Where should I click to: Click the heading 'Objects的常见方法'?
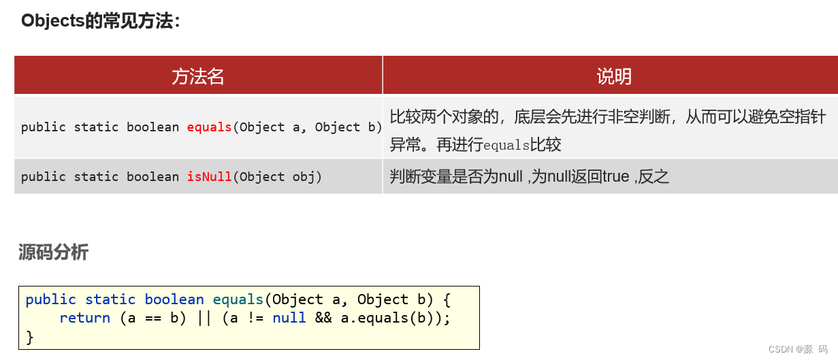[x=100, y=20]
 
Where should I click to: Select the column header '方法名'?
[x=197, y=76]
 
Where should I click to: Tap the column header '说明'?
[x=613, y=76]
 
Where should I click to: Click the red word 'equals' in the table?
[x=209, y=127]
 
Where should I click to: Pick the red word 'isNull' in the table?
[x=209, y=177]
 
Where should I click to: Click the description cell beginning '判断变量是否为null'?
[x=530, y=177]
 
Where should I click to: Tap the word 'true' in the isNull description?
[x=615, y=177]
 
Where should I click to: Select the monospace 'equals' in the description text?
[x=506, y=145]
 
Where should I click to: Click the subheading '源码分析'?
[x=54, y=252]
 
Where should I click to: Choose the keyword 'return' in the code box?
[x=84, y=318]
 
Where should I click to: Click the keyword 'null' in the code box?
[x=289, y=318]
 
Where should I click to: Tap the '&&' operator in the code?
[x=323, y=318]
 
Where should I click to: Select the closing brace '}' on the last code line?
[x=29, y=336]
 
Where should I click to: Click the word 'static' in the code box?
[x=110, y=300]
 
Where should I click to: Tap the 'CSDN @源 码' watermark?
[x=798, y=349]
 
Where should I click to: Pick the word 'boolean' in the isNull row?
[x=152, y=177]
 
